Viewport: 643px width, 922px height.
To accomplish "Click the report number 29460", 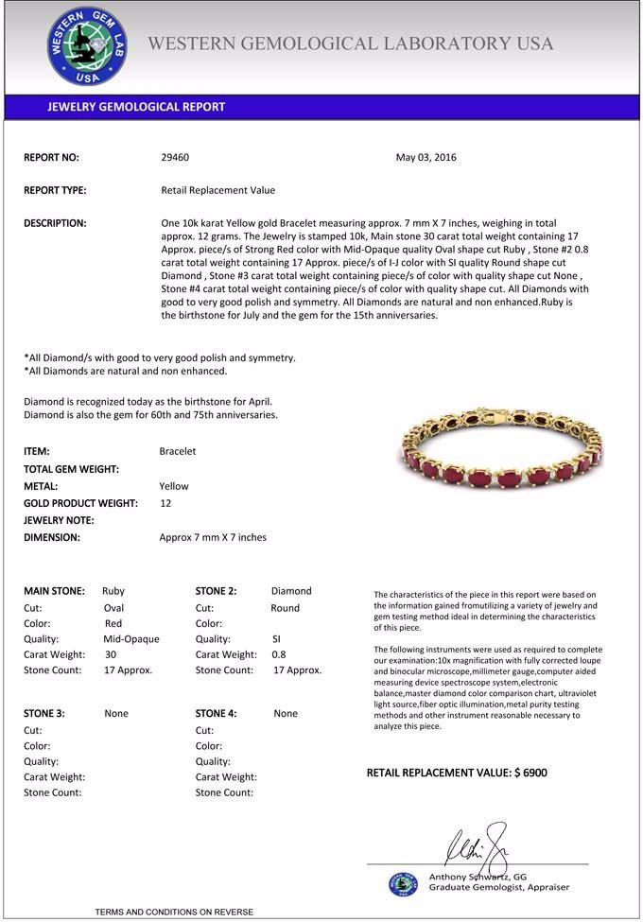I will tap(175, 157).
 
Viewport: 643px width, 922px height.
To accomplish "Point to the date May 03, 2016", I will tap(426, 157).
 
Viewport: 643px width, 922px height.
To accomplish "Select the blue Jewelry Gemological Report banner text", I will tap(136, 107).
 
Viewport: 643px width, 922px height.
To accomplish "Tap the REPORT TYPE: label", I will tap(55, 190).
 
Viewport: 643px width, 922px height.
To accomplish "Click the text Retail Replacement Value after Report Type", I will tap(218, 190).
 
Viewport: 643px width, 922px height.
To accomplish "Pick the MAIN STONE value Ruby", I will tap(113, 591).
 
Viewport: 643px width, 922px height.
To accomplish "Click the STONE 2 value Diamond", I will tap(291, 591).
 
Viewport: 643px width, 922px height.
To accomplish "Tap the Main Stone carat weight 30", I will tap(111, 654).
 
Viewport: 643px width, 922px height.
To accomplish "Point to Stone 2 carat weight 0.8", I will tap(279, 654).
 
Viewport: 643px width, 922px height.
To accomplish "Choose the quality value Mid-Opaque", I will tap(131, 638).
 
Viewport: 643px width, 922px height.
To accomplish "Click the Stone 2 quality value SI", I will tap(276, 638).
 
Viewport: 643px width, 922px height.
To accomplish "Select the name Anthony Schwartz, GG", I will tap(478, 877).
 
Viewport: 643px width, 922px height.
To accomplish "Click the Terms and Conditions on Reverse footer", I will tap(174, 912).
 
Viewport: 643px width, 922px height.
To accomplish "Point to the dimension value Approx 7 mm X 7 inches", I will tap(213, 537).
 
